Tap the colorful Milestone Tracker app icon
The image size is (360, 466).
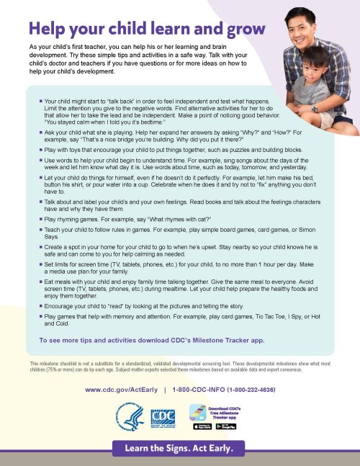198,411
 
